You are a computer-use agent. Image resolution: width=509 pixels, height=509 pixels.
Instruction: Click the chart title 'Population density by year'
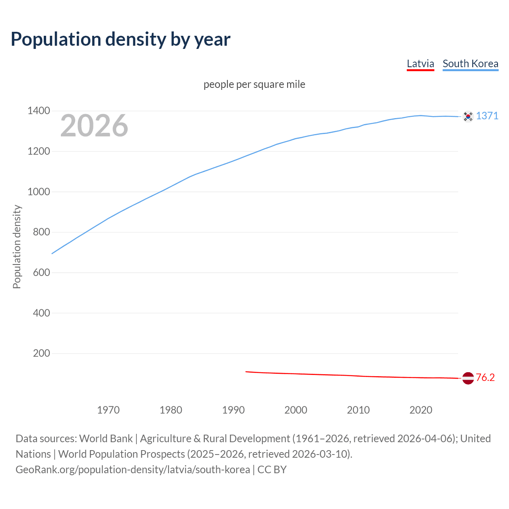[x=120, y=39]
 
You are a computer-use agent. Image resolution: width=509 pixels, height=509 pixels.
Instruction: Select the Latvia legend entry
[x=420, y=64]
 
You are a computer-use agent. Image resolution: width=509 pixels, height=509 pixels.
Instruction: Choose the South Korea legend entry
[x=470, y=64]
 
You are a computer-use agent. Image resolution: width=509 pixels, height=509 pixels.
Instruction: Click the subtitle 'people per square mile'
[x=254, y=84]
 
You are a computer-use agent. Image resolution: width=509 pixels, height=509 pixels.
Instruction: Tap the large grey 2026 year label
[x=94, y=126]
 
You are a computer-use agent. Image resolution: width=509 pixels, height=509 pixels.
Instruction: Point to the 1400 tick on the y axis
[x=39, y=111]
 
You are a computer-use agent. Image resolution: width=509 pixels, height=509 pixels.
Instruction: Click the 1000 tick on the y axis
[x=39, y=192]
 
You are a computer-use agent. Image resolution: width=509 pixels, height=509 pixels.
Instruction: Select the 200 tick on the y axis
[x=41, y=353]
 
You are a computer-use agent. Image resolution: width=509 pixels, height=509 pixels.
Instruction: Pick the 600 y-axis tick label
[x=41, y=272]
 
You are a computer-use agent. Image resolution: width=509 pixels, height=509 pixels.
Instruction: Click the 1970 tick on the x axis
[x=108, y=410]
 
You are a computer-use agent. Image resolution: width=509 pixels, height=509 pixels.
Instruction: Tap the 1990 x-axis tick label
[x=233, y=410]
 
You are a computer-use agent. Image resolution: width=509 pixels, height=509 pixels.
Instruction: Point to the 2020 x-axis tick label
[x=421, y=410]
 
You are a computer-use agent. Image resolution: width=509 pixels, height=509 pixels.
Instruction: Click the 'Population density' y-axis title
[x=17, y=247]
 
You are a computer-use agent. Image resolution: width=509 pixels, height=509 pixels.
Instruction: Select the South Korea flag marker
[x=468, y=116]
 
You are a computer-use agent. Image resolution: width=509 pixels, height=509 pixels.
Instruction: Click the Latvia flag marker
[x=468, y=378]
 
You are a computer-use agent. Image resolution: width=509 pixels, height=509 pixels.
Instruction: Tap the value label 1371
[x=487, y=116]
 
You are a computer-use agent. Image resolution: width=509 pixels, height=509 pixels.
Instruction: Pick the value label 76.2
[x=485, y=378]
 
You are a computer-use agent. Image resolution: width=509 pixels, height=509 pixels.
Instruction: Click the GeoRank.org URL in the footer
[x=133, y=470]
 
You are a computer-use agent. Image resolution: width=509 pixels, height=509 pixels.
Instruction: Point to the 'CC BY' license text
[x=272, y=470]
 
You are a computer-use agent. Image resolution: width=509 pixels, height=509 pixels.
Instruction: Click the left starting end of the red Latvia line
[x=246, y=371]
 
